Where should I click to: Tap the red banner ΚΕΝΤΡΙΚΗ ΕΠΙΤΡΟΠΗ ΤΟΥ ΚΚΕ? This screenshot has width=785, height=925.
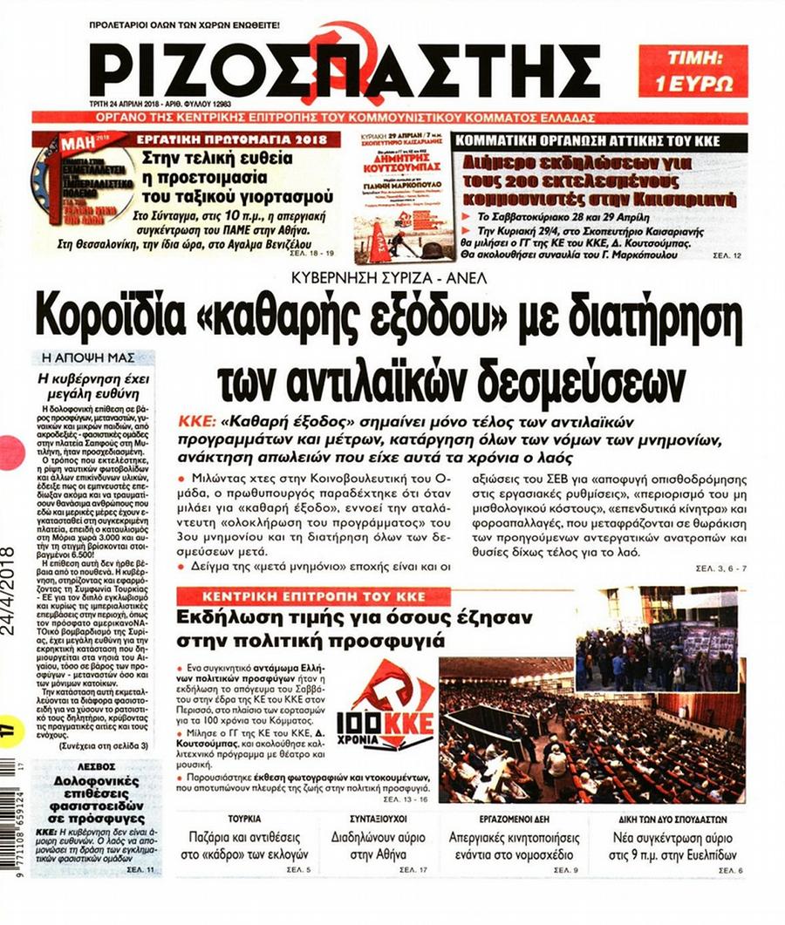click(301, 596)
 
